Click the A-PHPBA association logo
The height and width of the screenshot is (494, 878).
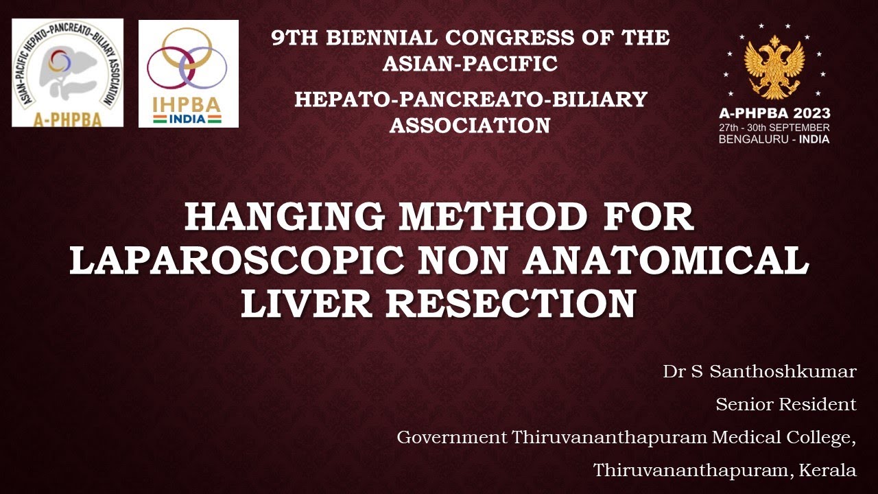(x=67, y=73)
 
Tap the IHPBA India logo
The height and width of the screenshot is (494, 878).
(x=188, y=73)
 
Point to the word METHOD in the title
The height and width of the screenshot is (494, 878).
(x=494, y=217)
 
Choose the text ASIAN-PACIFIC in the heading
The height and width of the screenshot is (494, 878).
(x=470, y=64)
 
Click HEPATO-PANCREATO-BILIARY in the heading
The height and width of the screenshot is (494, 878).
(x=471, y=99)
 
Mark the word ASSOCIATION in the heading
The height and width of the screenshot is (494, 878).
(x=470, y=126)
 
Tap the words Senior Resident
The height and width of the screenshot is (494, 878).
(x=786, y=405)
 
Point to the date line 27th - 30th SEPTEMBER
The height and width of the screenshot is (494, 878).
(x=774, y=128)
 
